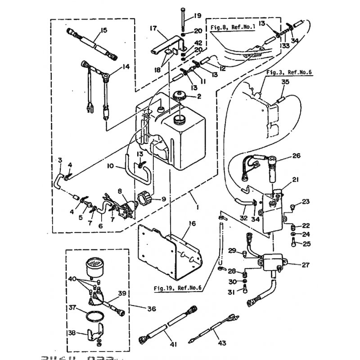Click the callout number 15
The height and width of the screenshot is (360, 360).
[104, 30]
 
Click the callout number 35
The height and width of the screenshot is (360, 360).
[285, 82]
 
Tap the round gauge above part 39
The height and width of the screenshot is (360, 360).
[94, 265]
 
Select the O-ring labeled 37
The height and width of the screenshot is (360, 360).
[94, 315]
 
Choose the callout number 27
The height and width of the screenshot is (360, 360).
[306, 265]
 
